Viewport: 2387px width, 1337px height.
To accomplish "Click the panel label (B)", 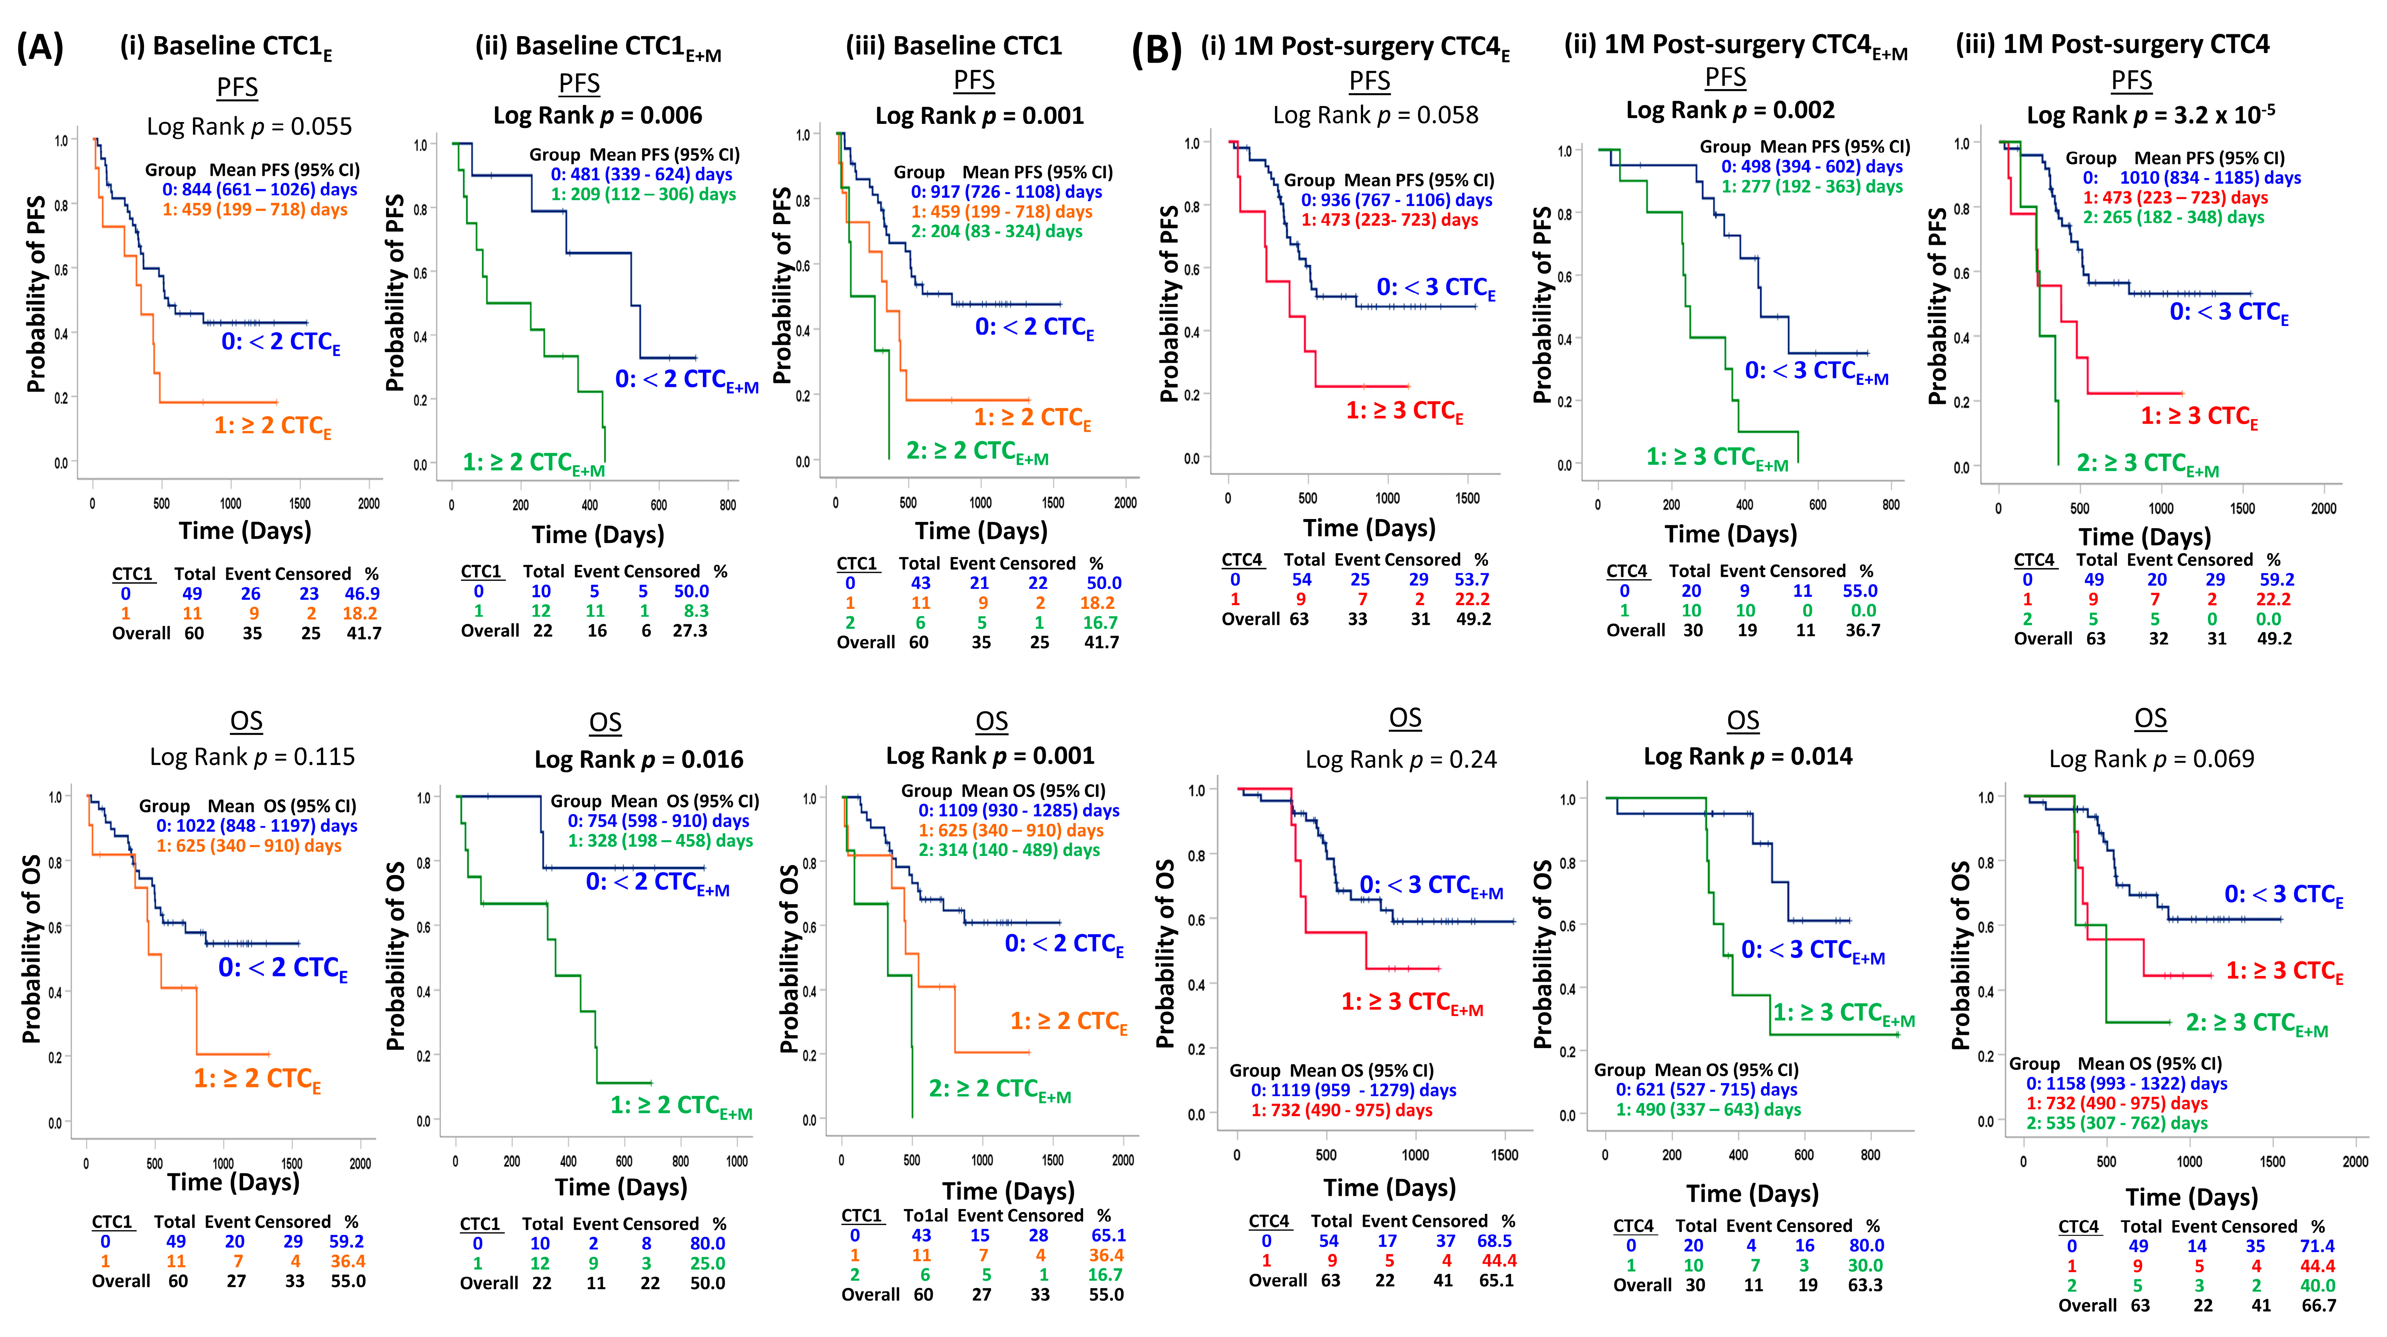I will point(1156,49).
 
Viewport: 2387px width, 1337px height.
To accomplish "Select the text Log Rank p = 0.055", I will point(249,126).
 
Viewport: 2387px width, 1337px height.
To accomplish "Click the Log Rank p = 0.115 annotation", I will point(252,757).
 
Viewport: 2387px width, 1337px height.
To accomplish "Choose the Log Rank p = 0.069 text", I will point(2151,759).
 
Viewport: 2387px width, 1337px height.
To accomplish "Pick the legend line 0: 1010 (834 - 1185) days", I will point(2191,178).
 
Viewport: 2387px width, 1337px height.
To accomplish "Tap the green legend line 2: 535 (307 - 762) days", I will point(2116,1123).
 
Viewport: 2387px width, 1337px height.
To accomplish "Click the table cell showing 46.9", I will point(362,594).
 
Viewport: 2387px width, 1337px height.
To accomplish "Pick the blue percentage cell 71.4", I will point(2317,1246).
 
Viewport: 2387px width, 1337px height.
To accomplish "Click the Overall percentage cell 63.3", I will point(1864,1285).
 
